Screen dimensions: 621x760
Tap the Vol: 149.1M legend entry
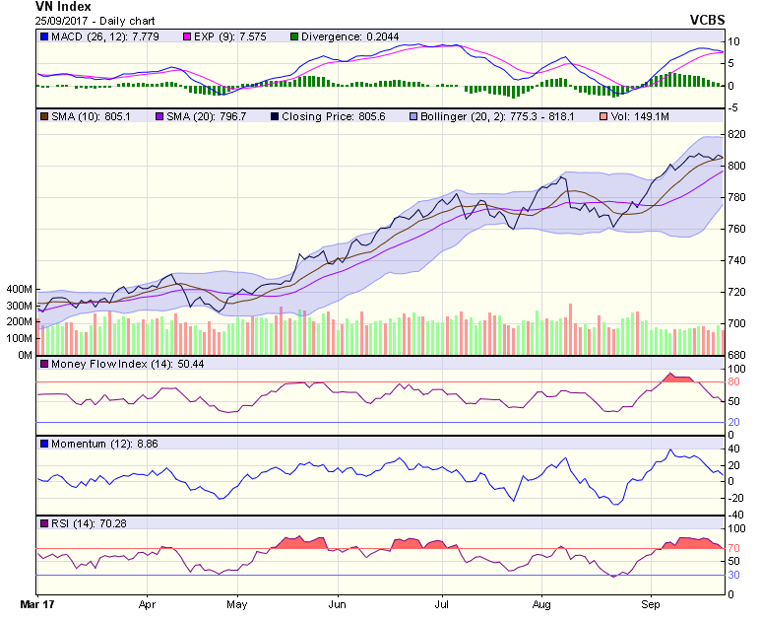[641, 116]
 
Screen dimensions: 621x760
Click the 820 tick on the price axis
[736, 134]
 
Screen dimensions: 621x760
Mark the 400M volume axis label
[19, 291]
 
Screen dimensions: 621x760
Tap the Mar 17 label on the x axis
[37, 600]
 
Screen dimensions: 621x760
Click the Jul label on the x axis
[442, 600]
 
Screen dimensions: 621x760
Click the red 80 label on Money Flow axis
[733, 382]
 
